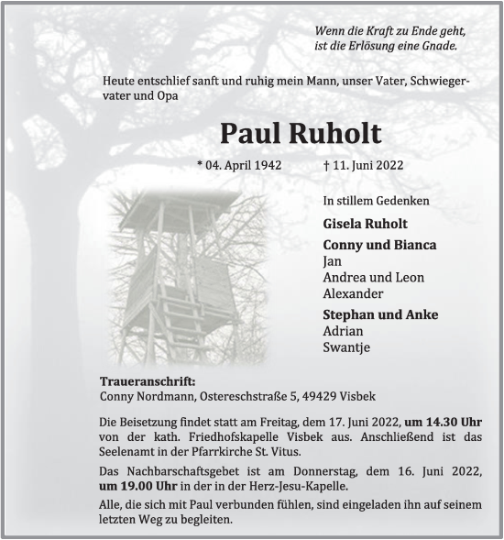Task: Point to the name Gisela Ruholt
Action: pyautogui.click(x=365, y=224)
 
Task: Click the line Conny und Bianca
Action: pyautogui.click(x=379, y=245)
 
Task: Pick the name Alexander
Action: pyautogui.click(x=353, y=293)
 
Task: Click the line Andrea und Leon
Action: pyautogui.click(x=373, y=278)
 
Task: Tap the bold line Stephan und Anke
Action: pyautogui.click(x=380, y=314)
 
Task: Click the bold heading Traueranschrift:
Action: pyautogui.click(x=147, y=381)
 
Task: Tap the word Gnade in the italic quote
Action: pyautogui.click(x=437, y=45)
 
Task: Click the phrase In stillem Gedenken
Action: pyautogui.click(x=376, y=200)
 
